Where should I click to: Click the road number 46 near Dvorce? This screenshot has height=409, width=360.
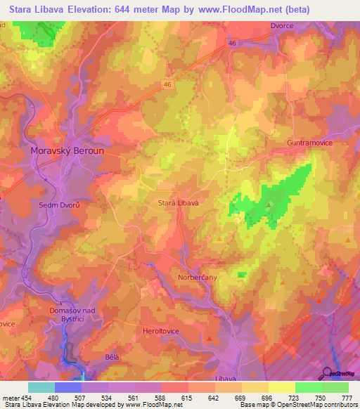232,43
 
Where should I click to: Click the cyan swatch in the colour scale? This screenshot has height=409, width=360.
41,387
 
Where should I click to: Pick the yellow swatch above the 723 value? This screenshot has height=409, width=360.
282,387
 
